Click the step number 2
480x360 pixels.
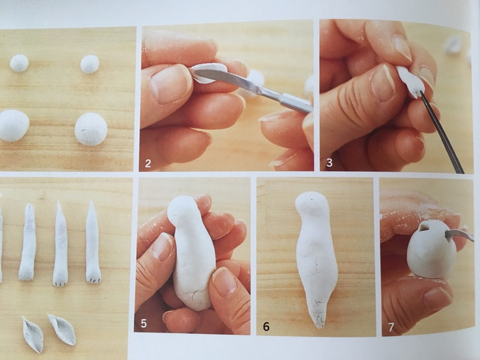[148, 163]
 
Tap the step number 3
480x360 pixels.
[329, 162]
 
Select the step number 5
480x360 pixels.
[143, 323]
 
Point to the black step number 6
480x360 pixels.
[266, 326]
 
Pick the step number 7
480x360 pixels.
[391, 327]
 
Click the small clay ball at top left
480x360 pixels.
[19, 63]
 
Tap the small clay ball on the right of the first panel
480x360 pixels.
[89, 64]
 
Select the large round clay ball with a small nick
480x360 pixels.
[91, 129]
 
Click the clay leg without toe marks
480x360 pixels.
[28, 242]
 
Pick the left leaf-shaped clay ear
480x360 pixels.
[32, 334]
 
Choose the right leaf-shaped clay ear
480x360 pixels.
[62, 329]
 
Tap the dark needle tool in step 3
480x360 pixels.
[441, 132]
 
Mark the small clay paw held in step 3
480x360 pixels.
[410, 81]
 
